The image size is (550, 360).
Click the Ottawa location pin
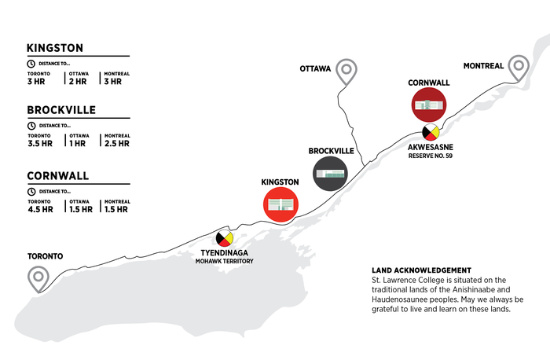pyautogui.click(x=346, y=65)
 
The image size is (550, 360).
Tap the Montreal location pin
pyautogui.click(x=519, y=62)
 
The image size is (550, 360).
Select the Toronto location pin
pyautogui.click(x=38, y=273)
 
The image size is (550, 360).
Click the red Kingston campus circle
pyautogui.click(x=280, y=204)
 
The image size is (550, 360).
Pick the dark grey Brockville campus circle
pyautogui.click(x=330, y=174)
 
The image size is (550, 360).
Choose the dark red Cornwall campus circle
pyautogui.click(x=429, y=105)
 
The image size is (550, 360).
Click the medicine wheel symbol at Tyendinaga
pyautogui.click(x=225, y=238)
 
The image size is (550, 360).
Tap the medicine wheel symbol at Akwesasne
pyautogui.click(x=431, y=132)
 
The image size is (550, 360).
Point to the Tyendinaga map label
pyautogui.click(x=225, y=252)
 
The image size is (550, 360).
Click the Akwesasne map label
pyautogui.click(x=431, y=147)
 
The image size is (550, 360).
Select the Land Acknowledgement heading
pyautogui.click(x=422, y=270)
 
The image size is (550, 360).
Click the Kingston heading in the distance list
pyautogui.click(x=55, y=48)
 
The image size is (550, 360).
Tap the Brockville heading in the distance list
pyautogui.click(x=61, y=110)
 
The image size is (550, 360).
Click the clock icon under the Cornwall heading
pyautogui.click(x=31, y=192)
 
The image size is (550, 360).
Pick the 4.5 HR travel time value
pyautogui.click(x=40, y=209)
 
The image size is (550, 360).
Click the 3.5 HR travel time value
pyautogui.click(x=40, y=144)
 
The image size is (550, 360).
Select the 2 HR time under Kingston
pyautogui.click(x=78, y=82)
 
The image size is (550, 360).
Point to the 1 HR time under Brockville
pyautogui.click(x=77, y=144)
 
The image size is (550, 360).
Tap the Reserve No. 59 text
pyautogui.click(x=431, y=156)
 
